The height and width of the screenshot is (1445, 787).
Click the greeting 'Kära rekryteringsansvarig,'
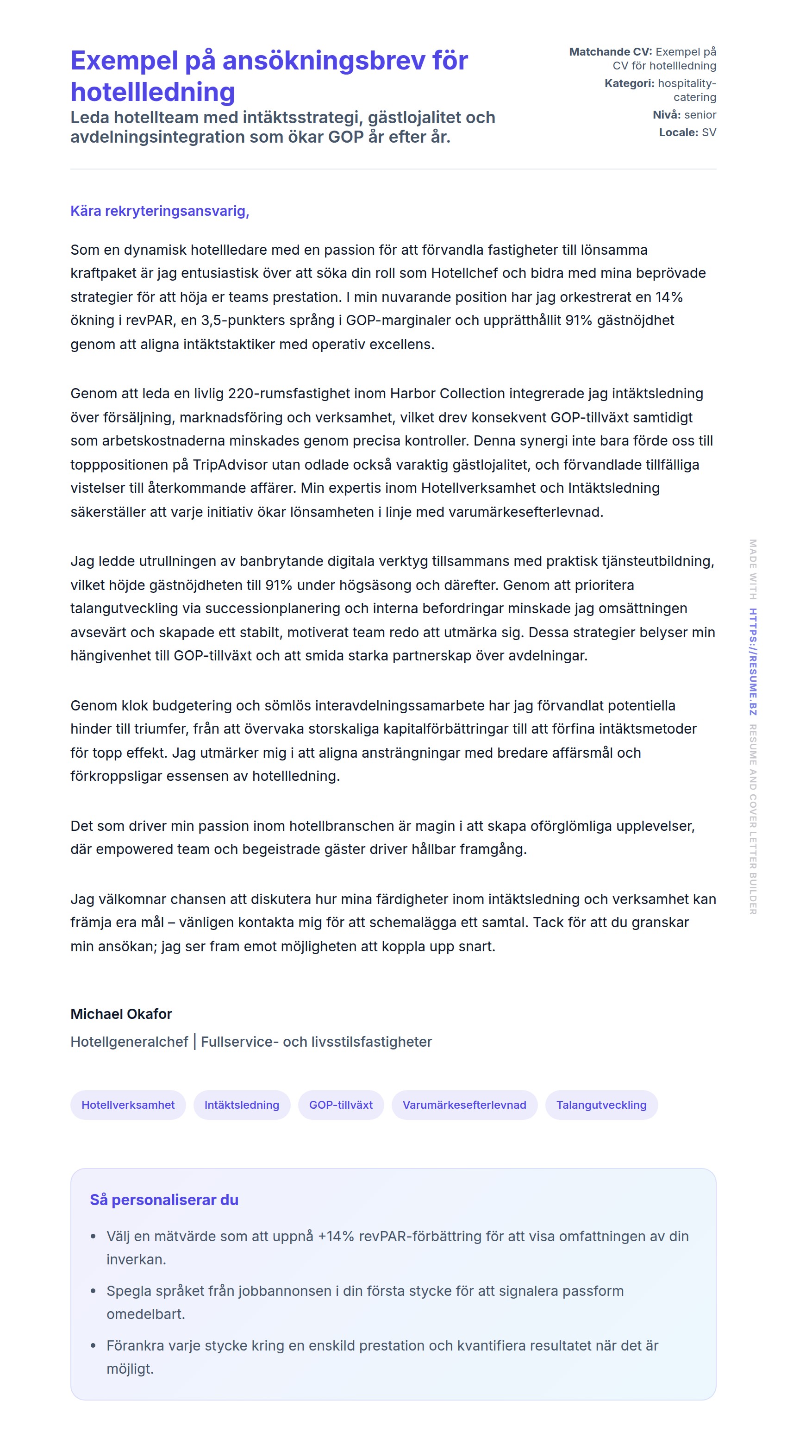(160, 211)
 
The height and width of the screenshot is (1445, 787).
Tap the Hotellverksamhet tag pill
(128, 1105)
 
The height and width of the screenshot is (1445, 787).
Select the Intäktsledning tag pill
(242, 1105)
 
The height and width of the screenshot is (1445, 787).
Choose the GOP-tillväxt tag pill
(341, 1105)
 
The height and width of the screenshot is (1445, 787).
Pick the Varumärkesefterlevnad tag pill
(464, 1105)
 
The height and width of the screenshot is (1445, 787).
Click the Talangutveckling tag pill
(601, 1105)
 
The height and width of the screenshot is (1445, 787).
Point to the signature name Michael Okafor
(121, 1014)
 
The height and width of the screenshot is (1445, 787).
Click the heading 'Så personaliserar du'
(164, 1200)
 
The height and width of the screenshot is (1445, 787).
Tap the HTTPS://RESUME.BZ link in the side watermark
(753, 662)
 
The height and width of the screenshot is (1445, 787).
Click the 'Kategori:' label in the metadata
(629, 83)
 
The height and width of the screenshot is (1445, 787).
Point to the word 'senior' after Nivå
(700, 114)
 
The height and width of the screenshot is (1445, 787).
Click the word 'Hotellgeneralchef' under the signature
(129, 1042)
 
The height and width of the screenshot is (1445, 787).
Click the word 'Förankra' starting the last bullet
(133, 1345)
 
